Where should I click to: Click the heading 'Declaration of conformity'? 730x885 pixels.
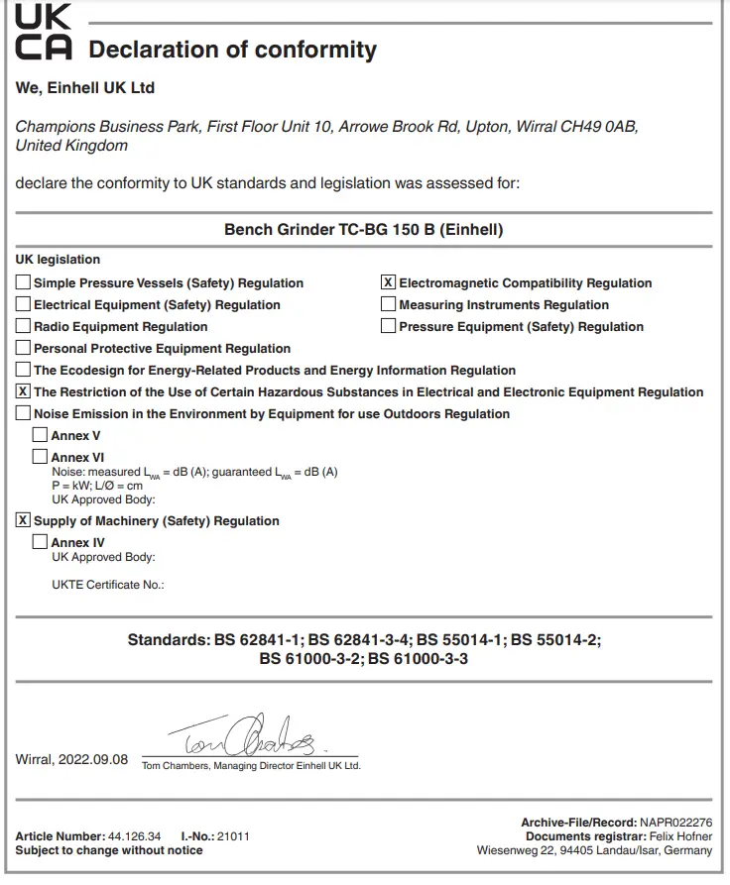(233, 50)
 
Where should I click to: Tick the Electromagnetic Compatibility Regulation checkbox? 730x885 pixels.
(389, 282)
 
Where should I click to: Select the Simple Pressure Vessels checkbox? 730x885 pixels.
(23, 282)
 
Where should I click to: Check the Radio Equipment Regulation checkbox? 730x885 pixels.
(23, 326)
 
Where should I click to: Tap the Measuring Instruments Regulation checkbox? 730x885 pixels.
(389, 304)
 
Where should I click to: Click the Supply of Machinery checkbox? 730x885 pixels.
(23, 519)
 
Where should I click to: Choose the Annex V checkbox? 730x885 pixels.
(40, 434)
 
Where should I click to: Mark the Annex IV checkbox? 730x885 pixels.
(40, 541)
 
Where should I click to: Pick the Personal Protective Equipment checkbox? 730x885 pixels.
(23, 348)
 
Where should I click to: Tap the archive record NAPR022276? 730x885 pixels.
(675, 823)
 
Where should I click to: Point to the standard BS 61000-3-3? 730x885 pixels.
(418, 658)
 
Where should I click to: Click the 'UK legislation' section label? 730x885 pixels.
(58, 260)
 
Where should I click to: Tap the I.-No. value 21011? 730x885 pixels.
(233, 836)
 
